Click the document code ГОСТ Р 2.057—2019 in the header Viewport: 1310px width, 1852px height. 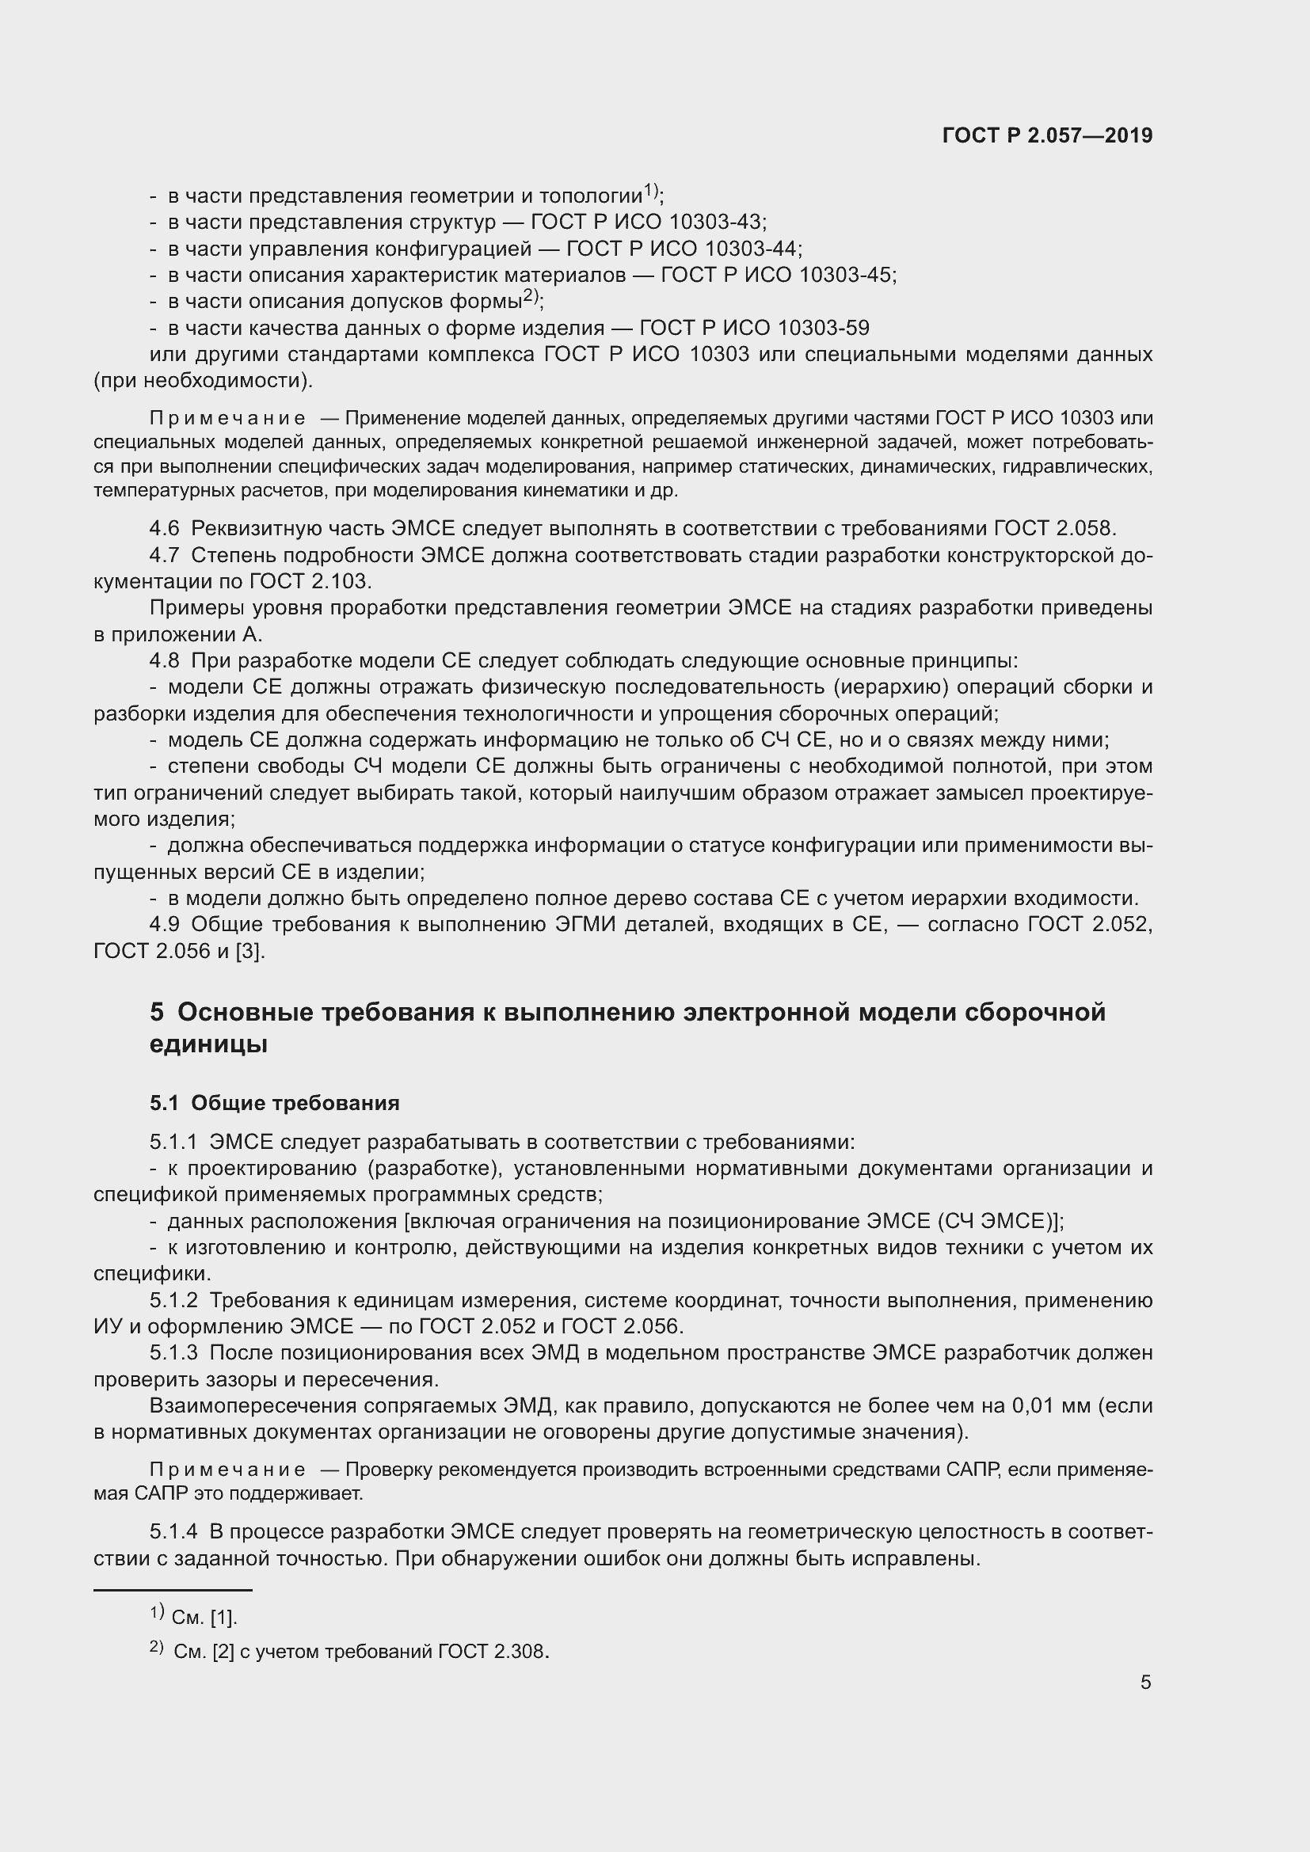point(1047,135)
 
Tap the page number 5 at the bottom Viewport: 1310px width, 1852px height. point(1145,1682)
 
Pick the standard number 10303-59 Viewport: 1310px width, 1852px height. point(823,328)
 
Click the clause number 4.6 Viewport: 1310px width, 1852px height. point(165,528)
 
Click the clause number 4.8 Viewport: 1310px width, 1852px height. point(165,660)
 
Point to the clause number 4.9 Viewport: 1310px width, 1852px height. point(165,924)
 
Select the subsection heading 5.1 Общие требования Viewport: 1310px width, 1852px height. point(274,1103)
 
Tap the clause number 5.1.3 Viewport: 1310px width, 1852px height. point(173,1352)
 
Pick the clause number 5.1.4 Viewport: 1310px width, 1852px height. point(173,1532)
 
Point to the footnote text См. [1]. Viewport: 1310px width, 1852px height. point(204,1618)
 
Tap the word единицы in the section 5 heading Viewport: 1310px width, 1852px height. point(208,1044)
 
